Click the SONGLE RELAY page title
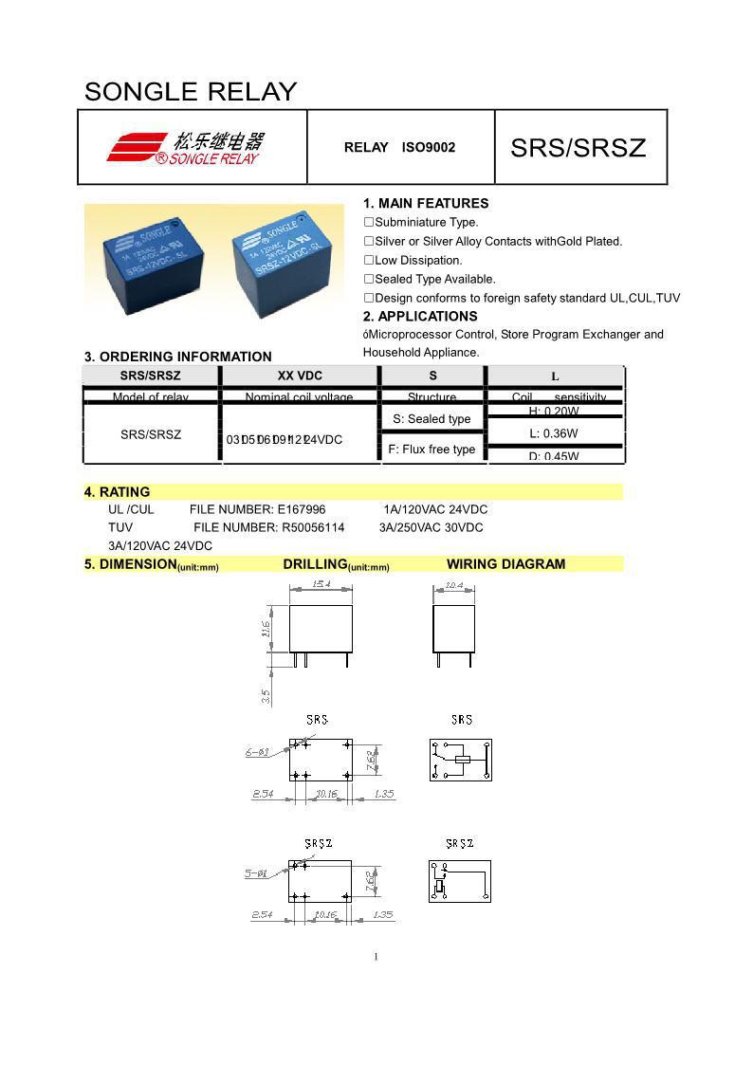(191, 92)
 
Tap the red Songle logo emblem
(138, 147)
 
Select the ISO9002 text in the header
(429, 147)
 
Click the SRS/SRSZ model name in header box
(578, 148)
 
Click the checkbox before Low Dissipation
(369, 260)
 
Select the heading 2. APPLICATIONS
(420, 316)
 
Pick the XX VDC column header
(300, 376)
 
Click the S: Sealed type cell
(432, 419)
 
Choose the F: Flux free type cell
(432, 450)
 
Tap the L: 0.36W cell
(554, 433)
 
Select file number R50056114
(312, 527)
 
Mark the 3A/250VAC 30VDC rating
(431, 527)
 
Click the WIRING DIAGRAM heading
(505, 564)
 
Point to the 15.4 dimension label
(321, 584)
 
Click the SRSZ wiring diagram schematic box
(460, 880)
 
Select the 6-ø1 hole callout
(258, 752)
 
